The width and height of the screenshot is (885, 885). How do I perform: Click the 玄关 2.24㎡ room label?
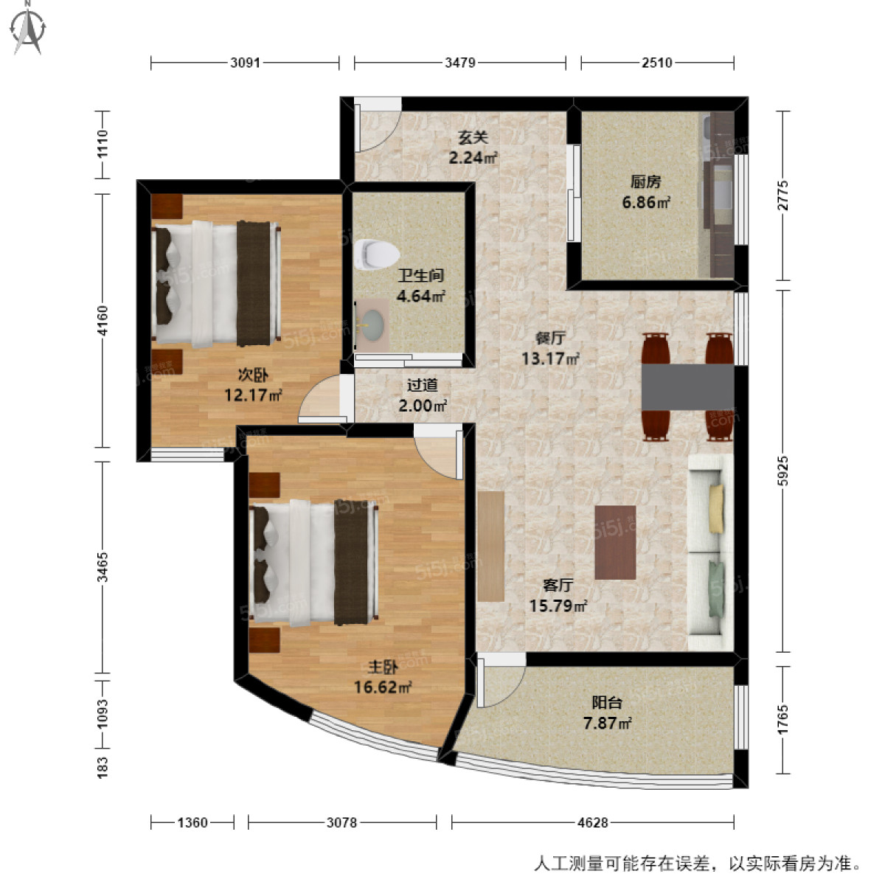(x=473, y=147)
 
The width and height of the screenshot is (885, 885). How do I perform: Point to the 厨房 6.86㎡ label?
(x=645, y=192)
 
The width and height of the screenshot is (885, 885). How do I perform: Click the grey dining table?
(x=687, y=386)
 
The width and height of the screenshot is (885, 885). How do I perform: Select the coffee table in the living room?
(x=615, y=542)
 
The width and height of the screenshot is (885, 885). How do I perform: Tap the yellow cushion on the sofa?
(x=717, y=509)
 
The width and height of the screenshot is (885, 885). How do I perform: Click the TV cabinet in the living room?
(x=490, y=546)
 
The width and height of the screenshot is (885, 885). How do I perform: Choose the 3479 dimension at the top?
(x=459, y=63)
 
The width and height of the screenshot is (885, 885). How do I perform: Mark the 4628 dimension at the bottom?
(x=592, y=822)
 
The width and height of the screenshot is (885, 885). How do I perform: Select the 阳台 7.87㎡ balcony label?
(x=607, y=713)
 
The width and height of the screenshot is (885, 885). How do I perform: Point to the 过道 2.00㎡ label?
(x=423, y=395)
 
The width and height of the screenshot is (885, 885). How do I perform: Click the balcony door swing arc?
(x=501, y=681)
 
